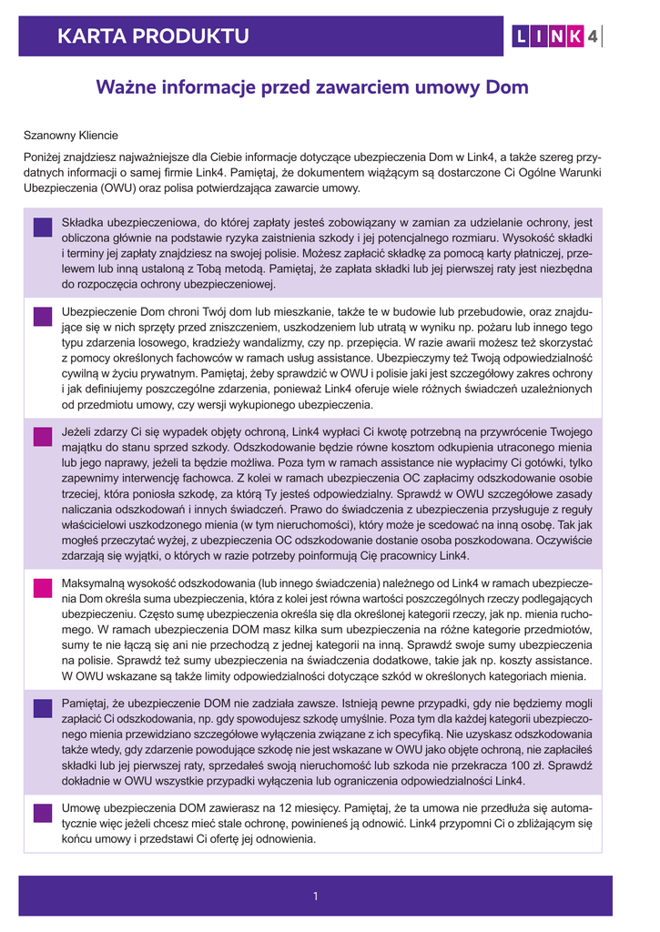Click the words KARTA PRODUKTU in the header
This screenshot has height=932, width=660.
pos(153,36)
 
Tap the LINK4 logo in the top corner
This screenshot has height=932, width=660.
pos(555,36)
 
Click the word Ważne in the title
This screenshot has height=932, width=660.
pos(128,88)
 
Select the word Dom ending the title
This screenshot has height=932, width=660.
pos(507,88)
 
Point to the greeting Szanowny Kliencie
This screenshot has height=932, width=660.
pos(70,136)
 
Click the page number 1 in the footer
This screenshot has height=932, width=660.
pos(315,897)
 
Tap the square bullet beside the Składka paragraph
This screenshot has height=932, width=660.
pos(43,228)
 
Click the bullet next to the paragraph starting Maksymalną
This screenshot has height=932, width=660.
pos(43,587)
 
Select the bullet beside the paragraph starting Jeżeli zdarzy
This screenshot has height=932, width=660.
pos(43,437)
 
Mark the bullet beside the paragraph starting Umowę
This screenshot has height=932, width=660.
pos(43,813)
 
